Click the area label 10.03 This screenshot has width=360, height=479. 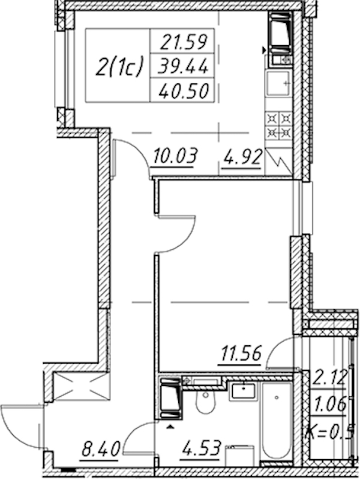pyautogui.click(x=175, y=156)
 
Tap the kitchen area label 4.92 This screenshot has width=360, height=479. pyautogui.click(x=243, y=158)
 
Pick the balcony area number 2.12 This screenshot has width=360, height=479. pyautogui.click(x=329, y=378)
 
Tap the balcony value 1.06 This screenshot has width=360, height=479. pyautogui.click(x=330, y=404)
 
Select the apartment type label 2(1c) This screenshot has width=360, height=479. pyautogui.click(x=119, y=67)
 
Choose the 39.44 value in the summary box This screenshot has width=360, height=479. pyautogui.click(x=182, y=66)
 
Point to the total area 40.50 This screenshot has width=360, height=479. pyautogui.click(x=184, y=91)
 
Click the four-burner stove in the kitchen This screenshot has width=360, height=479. pyautogui.click(x=279, y=125)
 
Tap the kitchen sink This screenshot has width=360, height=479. pyautogui.click(x=278, y=83)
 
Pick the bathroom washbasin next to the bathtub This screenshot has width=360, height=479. pyautogui.click(x=244, y=390)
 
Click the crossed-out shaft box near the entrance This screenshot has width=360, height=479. pyautogui.click(x=80, y=387)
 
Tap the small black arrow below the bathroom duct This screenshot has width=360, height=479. pyautogui.click(x=170, y=427)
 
